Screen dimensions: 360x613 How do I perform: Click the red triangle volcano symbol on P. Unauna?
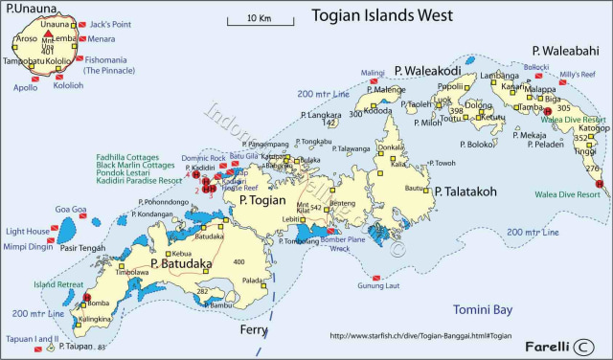click(x=48, y=35)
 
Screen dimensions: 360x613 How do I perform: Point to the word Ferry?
click(x=255, y=331)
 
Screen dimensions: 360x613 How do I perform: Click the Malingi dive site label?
click(x=372, y=73)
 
